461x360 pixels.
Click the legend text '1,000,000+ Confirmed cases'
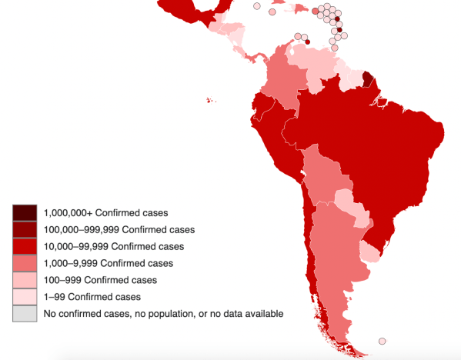[105, 212]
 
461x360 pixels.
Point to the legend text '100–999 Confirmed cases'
[100, 280]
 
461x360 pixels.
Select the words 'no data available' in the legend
[246, 314]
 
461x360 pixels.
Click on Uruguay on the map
[371, 253]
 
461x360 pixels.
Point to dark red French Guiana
[369, 79]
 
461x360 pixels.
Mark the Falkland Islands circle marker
[382, 342]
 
